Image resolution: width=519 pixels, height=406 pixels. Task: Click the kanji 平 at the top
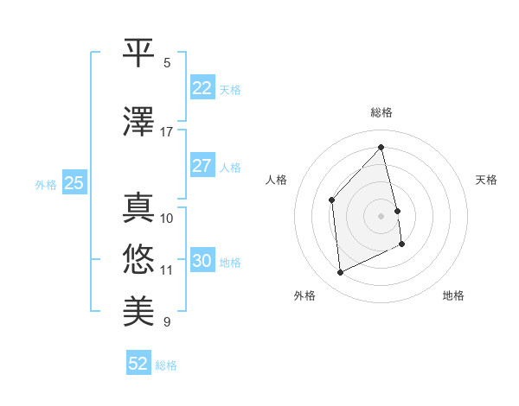pos(138,53)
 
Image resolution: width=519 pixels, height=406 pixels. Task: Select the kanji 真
pos(138,208)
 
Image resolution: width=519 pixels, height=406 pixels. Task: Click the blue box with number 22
pos(202,88)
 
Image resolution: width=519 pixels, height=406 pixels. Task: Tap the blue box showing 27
pos(202,166)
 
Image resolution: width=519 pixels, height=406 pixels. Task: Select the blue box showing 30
pos(202,261)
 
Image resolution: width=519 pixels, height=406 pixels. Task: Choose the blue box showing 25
pos(74,183)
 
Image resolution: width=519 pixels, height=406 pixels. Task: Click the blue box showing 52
pos(138,364)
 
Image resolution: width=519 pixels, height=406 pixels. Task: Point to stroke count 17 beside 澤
pos(167,132)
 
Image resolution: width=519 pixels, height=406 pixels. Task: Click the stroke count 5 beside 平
pos(167,63)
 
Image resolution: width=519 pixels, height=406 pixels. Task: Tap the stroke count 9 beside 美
pos(167,322)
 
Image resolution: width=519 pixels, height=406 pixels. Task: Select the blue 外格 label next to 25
pos(46,184)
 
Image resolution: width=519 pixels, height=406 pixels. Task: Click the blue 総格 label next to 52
pos(166,365)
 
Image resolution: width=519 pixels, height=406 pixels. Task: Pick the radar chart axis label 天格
pos(486,180)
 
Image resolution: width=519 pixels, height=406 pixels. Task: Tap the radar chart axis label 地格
pos(453,295)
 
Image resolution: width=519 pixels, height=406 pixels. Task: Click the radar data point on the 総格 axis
pos(381,147)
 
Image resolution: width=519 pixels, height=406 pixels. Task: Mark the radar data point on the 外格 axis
pos(340,273)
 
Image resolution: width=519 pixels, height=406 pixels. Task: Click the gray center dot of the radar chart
pos(381,215)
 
